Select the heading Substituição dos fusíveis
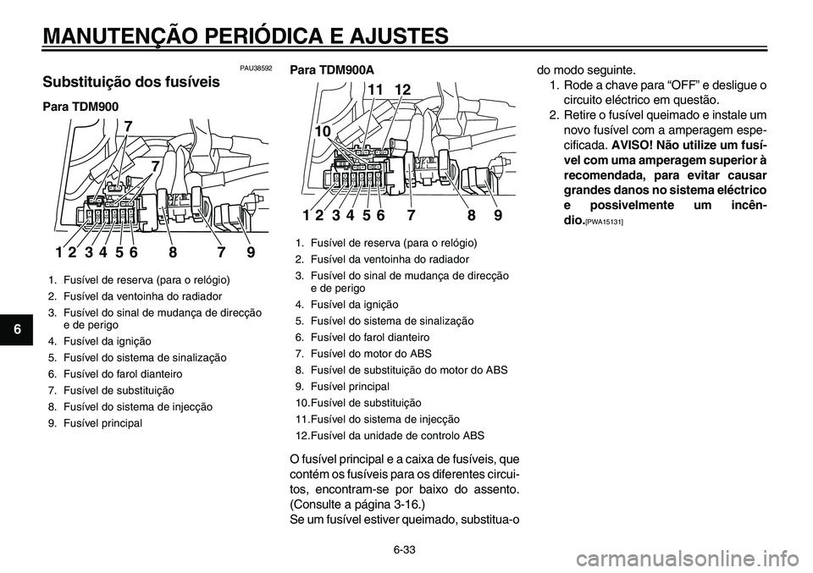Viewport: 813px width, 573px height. point(130,83)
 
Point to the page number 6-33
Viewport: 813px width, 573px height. point(405,549)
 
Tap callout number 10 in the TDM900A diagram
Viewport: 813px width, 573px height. point(323,132)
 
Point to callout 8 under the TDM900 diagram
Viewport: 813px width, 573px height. point(173,251)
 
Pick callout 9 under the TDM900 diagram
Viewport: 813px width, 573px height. point(250,251)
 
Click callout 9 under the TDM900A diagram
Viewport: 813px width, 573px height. point(498,215)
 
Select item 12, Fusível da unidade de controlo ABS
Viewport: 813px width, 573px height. point(390,435)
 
